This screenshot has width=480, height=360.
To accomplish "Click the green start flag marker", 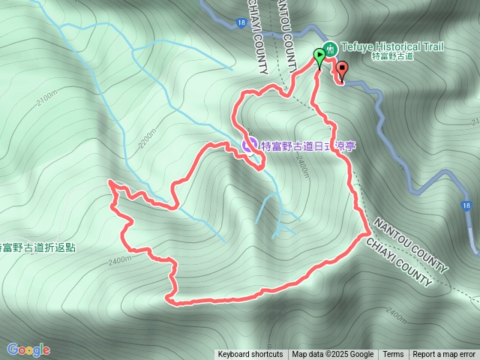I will [320, 55].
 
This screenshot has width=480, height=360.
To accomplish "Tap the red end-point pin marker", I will [343, 70].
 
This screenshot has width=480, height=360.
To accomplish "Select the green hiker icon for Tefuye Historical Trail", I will [330, 46].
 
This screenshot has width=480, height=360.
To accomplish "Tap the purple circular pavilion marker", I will [249, 144].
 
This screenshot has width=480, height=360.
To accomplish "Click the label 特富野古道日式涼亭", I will [307, 146].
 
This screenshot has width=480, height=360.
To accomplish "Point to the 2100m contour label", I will [46, 98].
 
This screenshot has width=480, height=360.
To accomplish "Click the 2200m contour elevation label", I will [151, 139].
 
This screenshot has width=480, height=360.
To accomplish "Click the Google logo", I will [28, 349].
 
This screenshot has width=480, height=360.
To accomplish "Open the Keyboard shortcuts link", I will [250, 355].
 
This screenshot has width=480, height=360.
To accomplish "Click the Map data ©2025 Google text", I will [332, 355].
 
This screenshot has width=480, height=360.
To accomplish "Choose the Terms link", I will [393, 355].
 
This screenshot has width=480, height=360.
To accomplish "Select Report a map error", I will [444, 355].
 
